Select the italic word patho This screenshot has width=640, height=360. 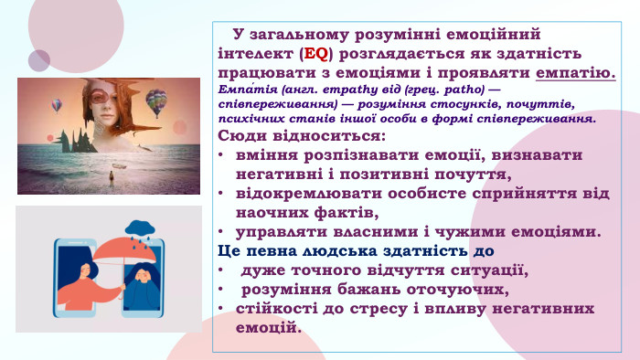pyautogui.click(x=464, y=91)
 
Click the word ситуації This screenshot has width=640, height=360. pyautogui.click(x=485, y=270)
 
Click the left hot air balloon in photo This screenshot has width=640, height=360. pyautogui.click(x=57, y=105)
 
